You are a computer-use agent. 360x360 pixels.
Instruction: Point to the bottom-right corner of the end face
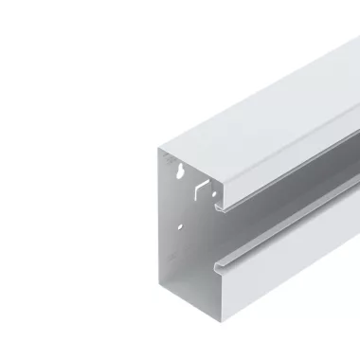click(x=219, y=356)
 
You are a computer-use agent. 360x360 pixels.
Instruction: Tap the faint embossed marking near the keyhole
click(x=169, y=161)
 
